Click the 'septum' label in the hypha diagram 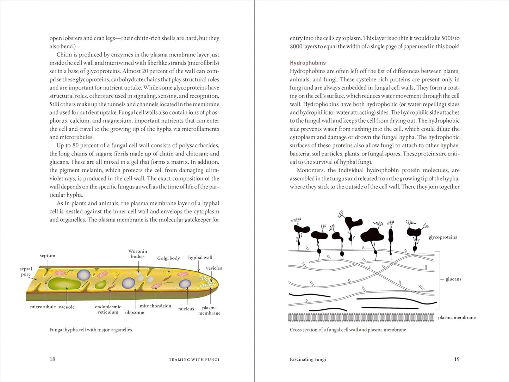(48, 255)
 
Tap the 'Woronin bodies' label (138, 254)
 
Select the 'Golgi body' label (168, 258)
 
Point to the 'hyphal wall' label (200, 257)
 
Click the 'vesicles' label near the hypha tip (214, 268)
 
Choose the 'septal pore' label (26, 271)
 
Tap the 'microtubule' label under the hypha (43, 307)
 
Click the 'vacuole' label (67, 307)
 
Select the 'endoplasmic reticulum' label (108, 309)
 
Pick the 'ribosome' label (134, 312)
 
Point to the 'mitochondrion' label (155, 306)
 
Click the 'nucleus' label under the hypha (186, 309)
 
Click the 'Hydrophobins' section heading (308, 63)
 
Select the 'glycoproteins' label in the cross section (442, 237)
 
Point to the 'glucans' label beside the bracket (453, 279)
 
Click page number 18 (52, 359)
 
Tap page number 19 (457, 359)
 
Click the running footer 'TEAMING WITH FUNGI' (194, 359)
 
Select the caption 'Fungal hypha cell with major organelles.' (91, 330)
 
